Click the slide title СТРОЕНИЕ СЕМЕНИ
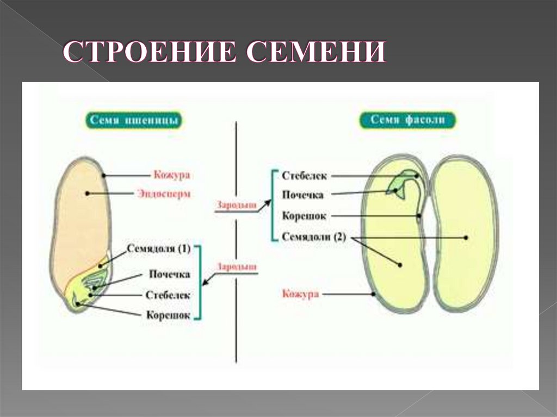coord(224,54)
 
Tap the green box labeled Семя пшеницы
coord(133,120)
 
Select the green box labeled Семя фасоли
coord(407,120)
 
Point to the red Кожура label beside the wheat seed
coord(171,176)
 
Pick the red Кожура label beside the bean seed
coord(300,294)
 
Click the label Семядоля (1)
coord(159,249)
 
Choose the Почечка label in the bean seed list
coord(303,195)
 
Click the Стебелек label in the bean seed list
coord(305,176)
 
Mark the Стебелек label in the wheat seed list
coord(168,295)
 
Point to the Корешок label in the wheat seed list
coord(168,315)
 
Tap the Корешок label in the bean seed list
coord(304,216)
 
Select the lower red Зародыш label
coord(236,267)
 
